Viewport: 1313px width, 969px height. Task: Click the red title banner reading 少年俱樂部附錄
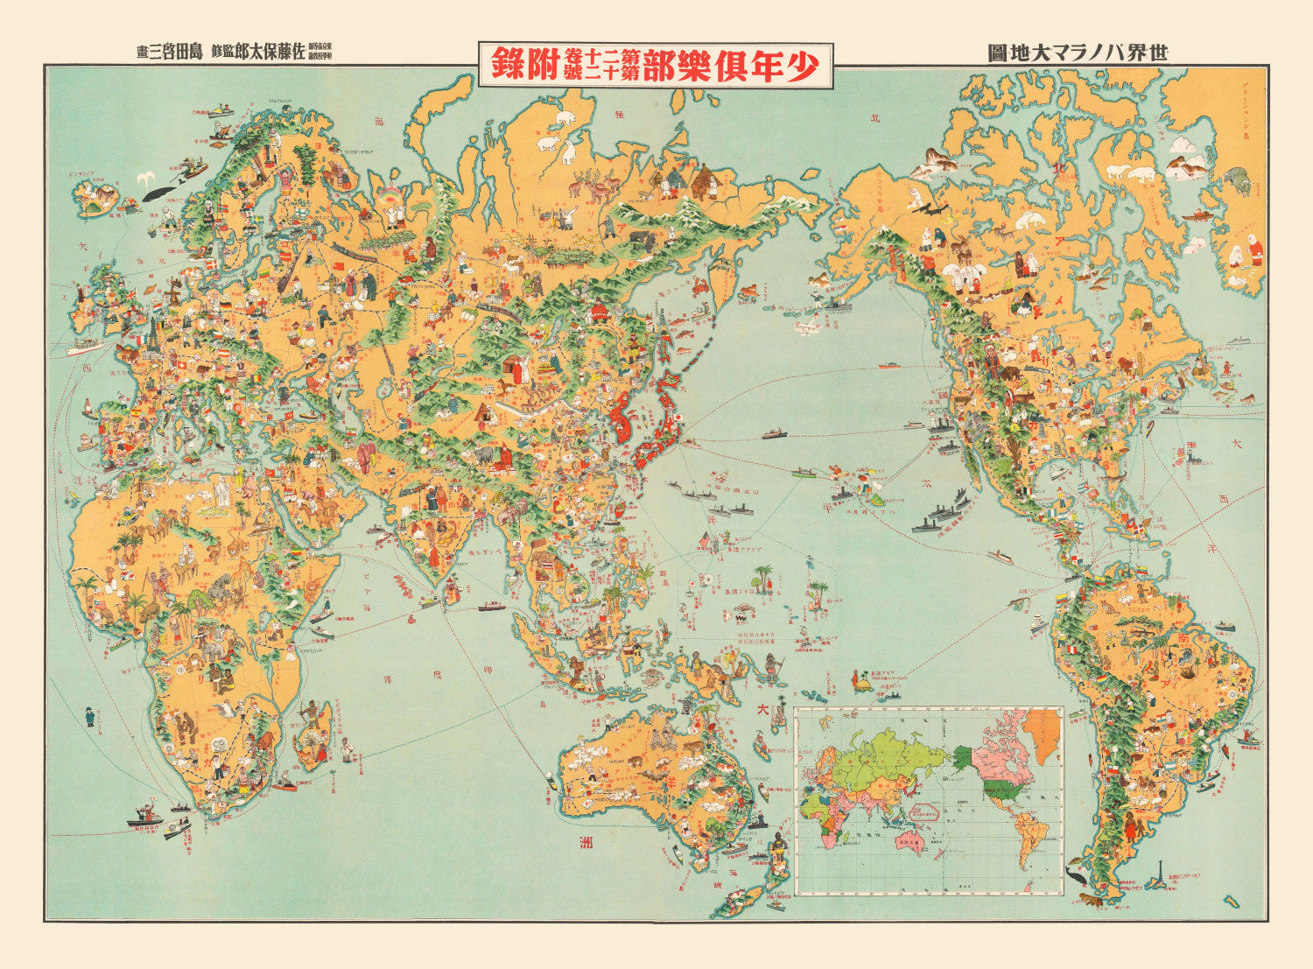coord(656,65)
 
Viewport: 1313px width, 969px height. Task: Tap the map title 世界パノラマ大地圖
coord(1078,53)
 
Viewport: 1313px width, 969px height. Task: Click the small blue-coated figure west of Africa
coord(89,716)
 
